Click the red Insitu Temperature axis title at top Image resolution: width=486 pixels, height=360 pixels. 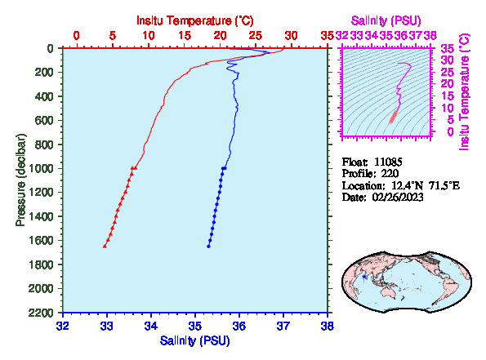coord(195,20)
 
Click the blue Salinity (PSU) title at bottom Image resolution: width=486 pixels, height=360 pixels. coord(195,340)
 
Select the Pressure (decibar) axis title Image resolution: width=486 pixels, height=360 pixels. coord(20,180)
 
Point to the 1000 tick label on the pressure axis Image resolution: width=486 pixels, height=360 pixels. coord(41,168)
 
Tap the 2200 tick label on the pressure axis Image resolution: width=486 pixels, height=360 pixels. coord(41,313)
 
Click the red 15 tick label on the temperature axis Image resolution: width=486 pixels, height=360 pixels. coord(185,36)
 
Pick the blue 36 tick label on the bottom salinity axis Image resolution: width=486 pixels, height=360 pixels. coord(239,327)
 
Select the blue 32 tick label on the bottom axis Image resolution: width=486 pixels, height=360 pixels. coord(63,327)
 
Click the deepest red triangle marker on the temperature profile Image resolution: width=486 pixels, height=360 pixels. coord(105,246)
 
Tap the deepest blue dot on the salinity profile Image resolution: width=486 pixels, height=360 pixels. coord(208,247)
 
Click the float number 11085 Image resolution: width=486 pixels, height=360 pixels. coord(388,162)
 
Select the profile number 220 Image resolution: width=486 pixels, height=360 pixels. coord(390,174)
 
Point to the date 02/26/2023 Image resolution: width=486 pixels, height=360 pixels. coord(398,198)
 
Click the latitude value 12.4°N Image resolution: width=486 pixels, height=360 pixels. coord(407,186)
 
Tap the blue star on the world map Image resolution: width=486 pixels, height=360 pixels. coord(364,277)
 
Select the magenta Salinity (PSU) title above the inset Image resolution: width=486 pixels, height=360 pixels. coord(386,20)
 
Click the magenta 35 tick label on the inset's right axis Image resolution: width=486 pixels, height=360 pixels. coord(448,49)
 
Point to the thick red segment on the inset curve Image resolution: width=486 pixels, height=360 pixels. coord(394,117)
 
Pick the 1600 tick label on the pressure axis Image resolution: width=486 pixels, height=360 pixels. coord(41,241)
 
